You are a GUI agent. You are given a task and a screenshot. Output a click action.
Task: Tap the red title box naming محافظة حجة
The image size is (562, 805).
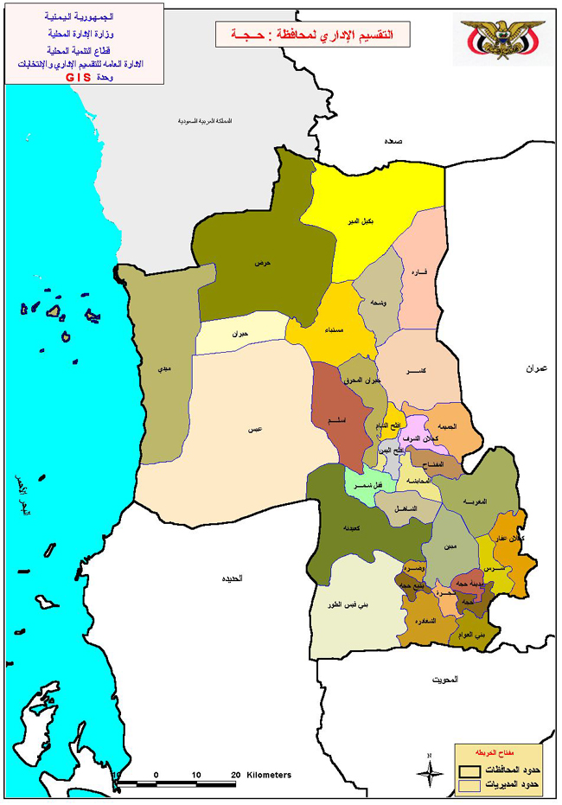coord(311,35)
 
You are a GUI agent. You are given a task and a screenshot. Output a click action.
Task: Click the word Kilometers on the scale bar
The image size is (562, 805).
coord(269,775)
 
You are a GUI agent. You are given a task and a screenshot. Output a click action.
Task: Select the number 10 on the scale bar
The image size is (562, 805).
coord(196,775)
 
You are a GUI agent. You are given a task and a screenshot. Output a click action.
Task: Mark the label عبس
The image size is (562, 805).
coord(254,430)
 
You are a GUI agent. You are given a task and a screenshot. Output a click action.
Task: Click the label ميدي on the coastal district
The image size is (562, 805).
coord(163,369)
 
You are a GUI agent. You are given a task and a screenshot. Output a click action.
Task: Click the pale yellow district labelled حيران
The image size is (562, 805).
coord(240,334)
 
